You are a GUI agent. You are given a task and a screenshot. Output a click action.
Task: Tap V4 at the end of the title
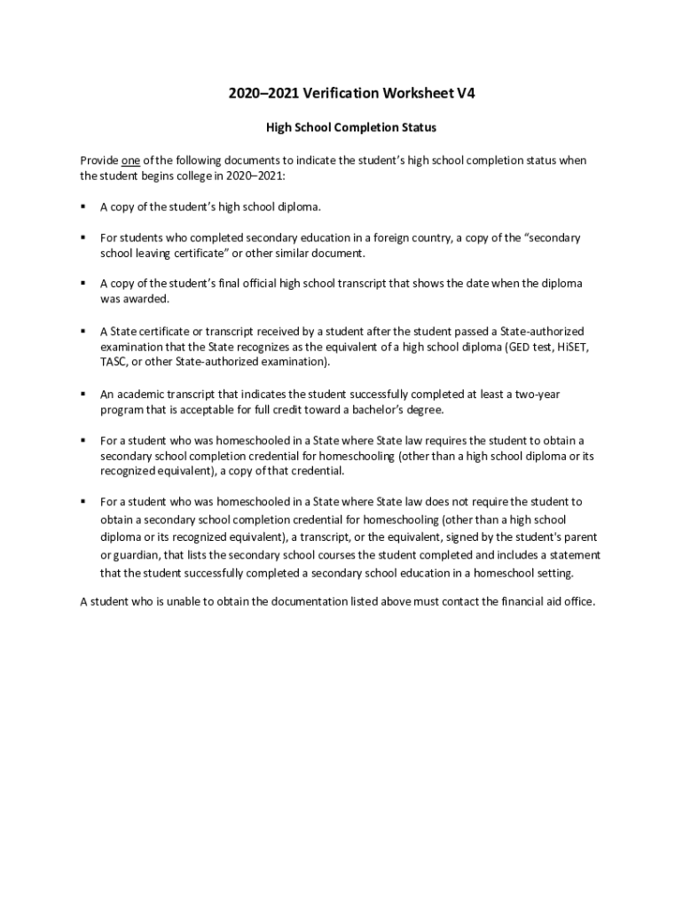tap(466, 93)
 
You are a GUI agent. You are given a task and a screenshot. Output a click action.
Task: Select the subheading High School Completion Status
tap(351, 128)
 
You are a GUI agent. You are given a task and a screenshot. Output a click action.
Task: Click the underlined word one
tap(130, 160)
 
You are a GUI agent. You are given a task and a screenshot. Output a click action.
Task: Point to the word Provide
tap(98, 160)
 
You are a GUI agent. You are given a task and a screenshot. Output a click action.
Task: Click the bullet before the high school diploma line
tap(82, 207)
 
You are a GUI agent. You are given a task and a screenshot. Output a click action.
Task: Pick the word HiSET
tap(571, 347)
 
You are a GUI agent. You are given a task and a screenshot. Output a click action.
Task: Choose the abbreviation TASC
tap(113, 363)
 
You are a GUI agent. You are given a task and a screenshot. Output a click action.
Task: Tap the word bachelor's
tap(384, 410)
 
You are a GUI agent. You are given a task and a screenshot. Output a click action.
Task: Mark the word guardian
tap(134, 555)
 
